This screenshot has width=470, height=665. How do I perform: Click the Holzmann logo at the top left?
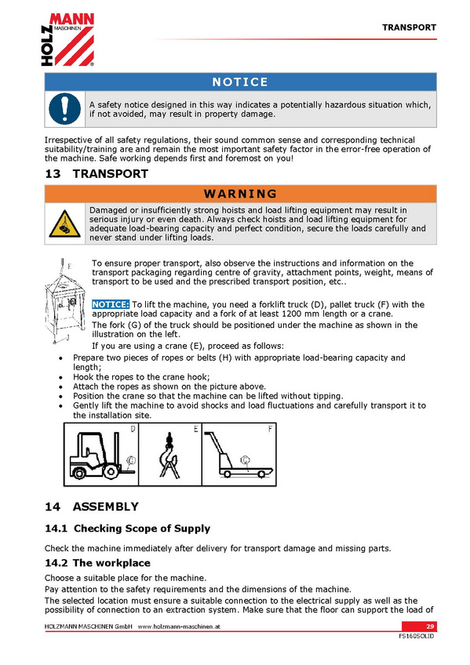pyautogui.click(x=67, y=39)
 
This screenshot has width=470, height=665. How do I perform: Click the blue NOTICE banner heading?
pyautogui.click(x=240, y=82)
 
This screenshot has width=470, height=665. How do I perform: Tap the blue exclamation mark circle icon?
pyautogui.click(x=64, y=109)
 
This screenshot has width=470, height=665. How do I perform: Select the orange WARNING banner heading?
pyautogui.click(x=240, y=194)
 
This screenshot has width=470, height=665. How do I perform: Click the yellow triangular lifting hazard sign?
pyautogui.click(x=64, y=224)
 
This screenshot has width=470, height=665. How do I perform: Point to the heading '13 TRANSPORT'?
pyautogui.click(x=97, y=174)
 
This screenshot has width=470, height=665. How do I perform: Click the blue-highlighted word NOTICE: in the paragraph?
pyautogui.click(x=111, y=304)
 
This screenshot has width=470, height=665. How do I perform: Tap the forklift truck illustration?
pyautogui.click(x=102, y=456)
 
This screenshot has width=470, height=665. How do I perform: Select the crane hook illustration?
pyautogui.click(x=169, y=455)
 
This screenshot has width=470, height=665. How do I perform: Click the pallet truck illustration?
pyautogui.click(x=238, y=455)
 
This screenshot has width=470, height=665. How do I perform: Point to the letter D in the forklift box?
pyautogui.click(x=133, y=429)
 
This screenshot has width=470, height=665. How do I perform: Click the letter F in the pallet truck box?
pyautogui.click(x=270, y=429)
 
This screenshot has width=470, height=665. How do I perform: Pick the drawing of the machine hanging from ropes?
pyautogui.click(x=62, y=300)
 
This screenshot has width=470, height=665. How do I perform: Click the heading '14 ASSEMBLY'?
pyautogui.click(x=92, y=507)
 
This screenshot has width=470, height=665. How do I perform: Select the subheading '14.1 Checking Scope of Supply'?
pyautogui.click(x=128, y=529)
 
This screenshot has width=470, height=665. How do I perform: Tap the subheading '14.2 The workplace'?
pyautogui.click(x=97, y=563)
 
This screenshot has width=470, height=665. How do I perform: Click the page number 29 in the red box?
pyautogui.click(x=430, y=627)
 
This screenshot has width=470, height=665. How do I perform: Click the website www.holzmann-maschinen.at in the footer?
pyautogui.click(x=179, y=627)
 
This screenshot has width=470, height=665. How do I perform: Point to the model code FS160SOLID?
pyautogui.click(x=417, y=636)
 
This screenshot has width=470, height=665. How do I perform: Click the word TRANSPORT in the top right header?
pyautogui.click(x=409, y=27)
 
